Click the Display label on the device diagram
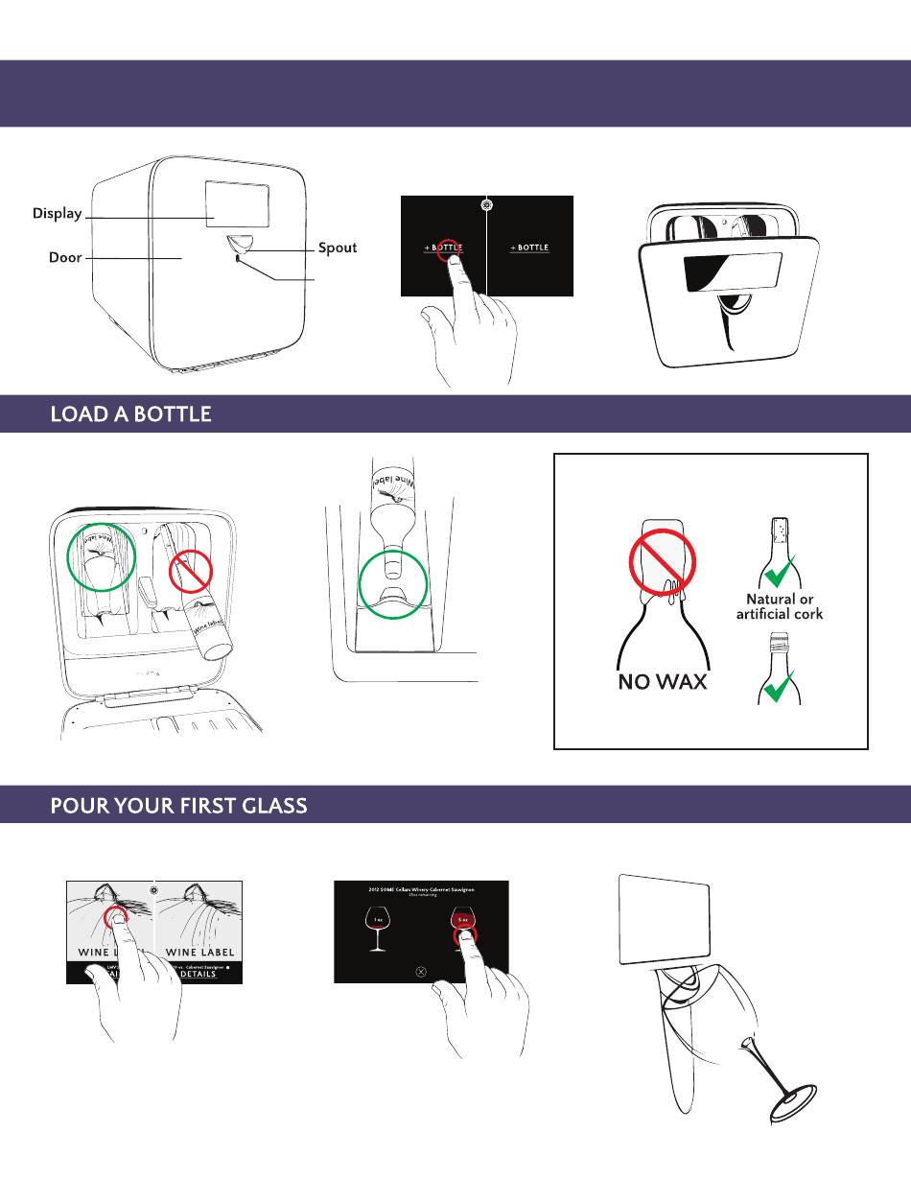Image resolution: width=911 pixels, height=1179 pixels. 57,214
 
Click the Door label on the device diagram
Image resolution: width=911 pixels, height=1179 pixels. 65,258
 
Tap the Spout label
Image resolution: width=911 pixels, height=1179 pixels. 338,248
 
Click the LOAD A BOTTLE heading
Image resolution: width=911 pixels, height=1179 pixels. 130,414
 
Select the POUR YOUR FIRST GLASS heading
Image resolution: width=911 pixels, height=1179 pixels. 178,806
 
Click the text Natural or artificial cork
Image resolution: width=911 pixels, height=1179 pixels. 780,606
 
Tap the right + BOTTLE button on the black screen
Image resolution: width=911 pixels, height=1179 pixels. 529,248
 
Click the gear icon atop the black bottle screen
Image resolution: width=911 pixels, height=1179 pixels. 487,204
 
